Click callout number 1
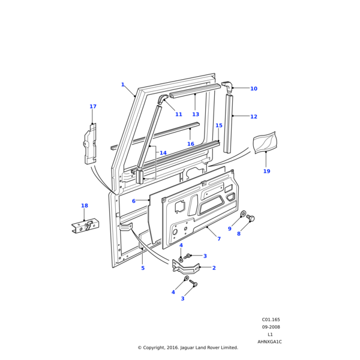click(x=122, y=85)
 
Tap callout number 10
click(x=253, y=89)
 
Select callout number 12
click(x=253, y=116)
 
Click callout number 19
click(x=266, y=172)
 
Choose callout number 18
click(x=85, y=206)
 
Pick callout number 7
click(x=219, y=239)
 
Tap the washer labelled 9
click(x=243, y=214)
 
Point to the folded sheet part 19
click(x=265, y=142)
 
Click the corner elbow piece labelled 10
click(x=227, y=86)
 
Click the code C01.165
click(x=271, y=320)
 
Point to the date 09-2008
click(x=271, y=327)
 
